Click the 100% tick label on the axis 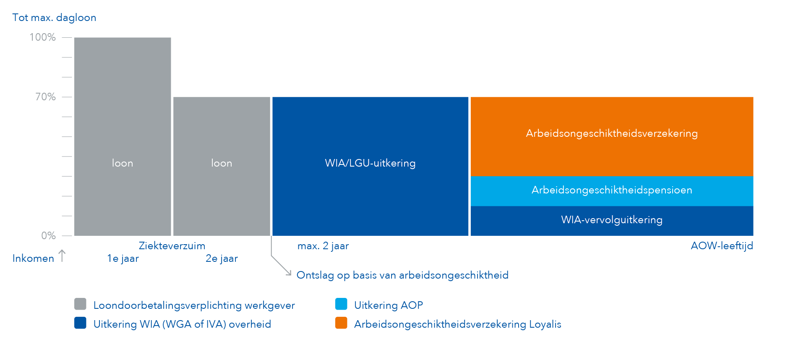pos(42,37)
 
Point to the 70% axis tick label pos(45,97)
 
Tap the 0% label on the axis pos(48,235)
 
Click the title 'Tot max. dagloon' pos(54,18)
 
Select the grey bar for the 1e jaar pos(123,136)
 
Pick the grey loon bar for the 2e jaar pos(222,166)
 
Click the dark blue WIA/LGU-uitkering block pos(370,166)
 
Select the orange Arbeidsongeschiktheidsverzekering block pos(612,136)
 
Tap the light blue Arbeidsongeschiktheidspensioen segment pos(612,191)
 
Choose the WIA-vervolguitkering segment pos(612,221)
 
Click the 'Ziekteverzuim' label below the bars pos(172,246)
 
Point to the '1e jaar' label pos(123,258)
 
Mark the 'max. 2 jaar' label pos(323,246)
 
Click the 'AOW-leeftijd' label pos(722,246)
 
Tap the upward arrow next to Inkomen pos(62,256)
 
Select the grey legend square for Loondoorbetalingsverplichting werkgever pos(80,304)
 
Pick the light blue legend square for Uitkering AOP pos(341,304)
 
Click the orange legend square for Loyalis pos(341,323)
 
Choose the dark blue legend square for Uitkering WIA pos(80,323)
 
